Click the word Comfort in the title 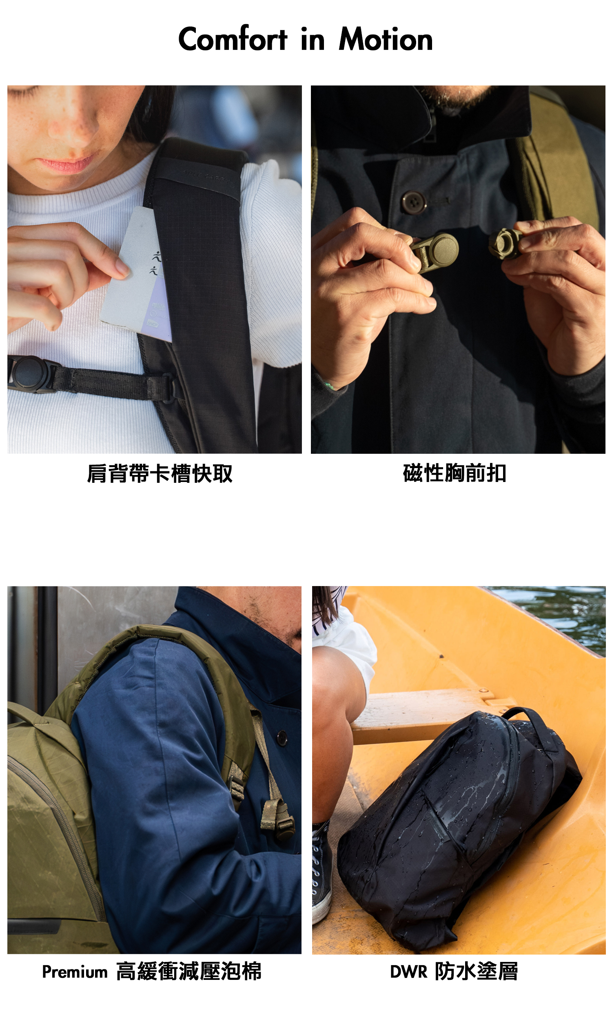click(233, 39)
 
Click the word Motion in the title click(386, 39)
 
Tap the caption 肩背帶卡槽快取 click(160, 473)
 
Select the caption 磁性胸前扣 click(455, 473)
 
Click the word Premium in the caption click(75, 973)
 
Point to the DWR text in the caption click(409, 972)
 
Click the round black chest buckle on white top click(29, 373)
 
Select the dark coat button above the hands click(414, 202)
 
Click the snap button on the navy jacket click(282, 738)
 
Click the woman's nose click(70, 124)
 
